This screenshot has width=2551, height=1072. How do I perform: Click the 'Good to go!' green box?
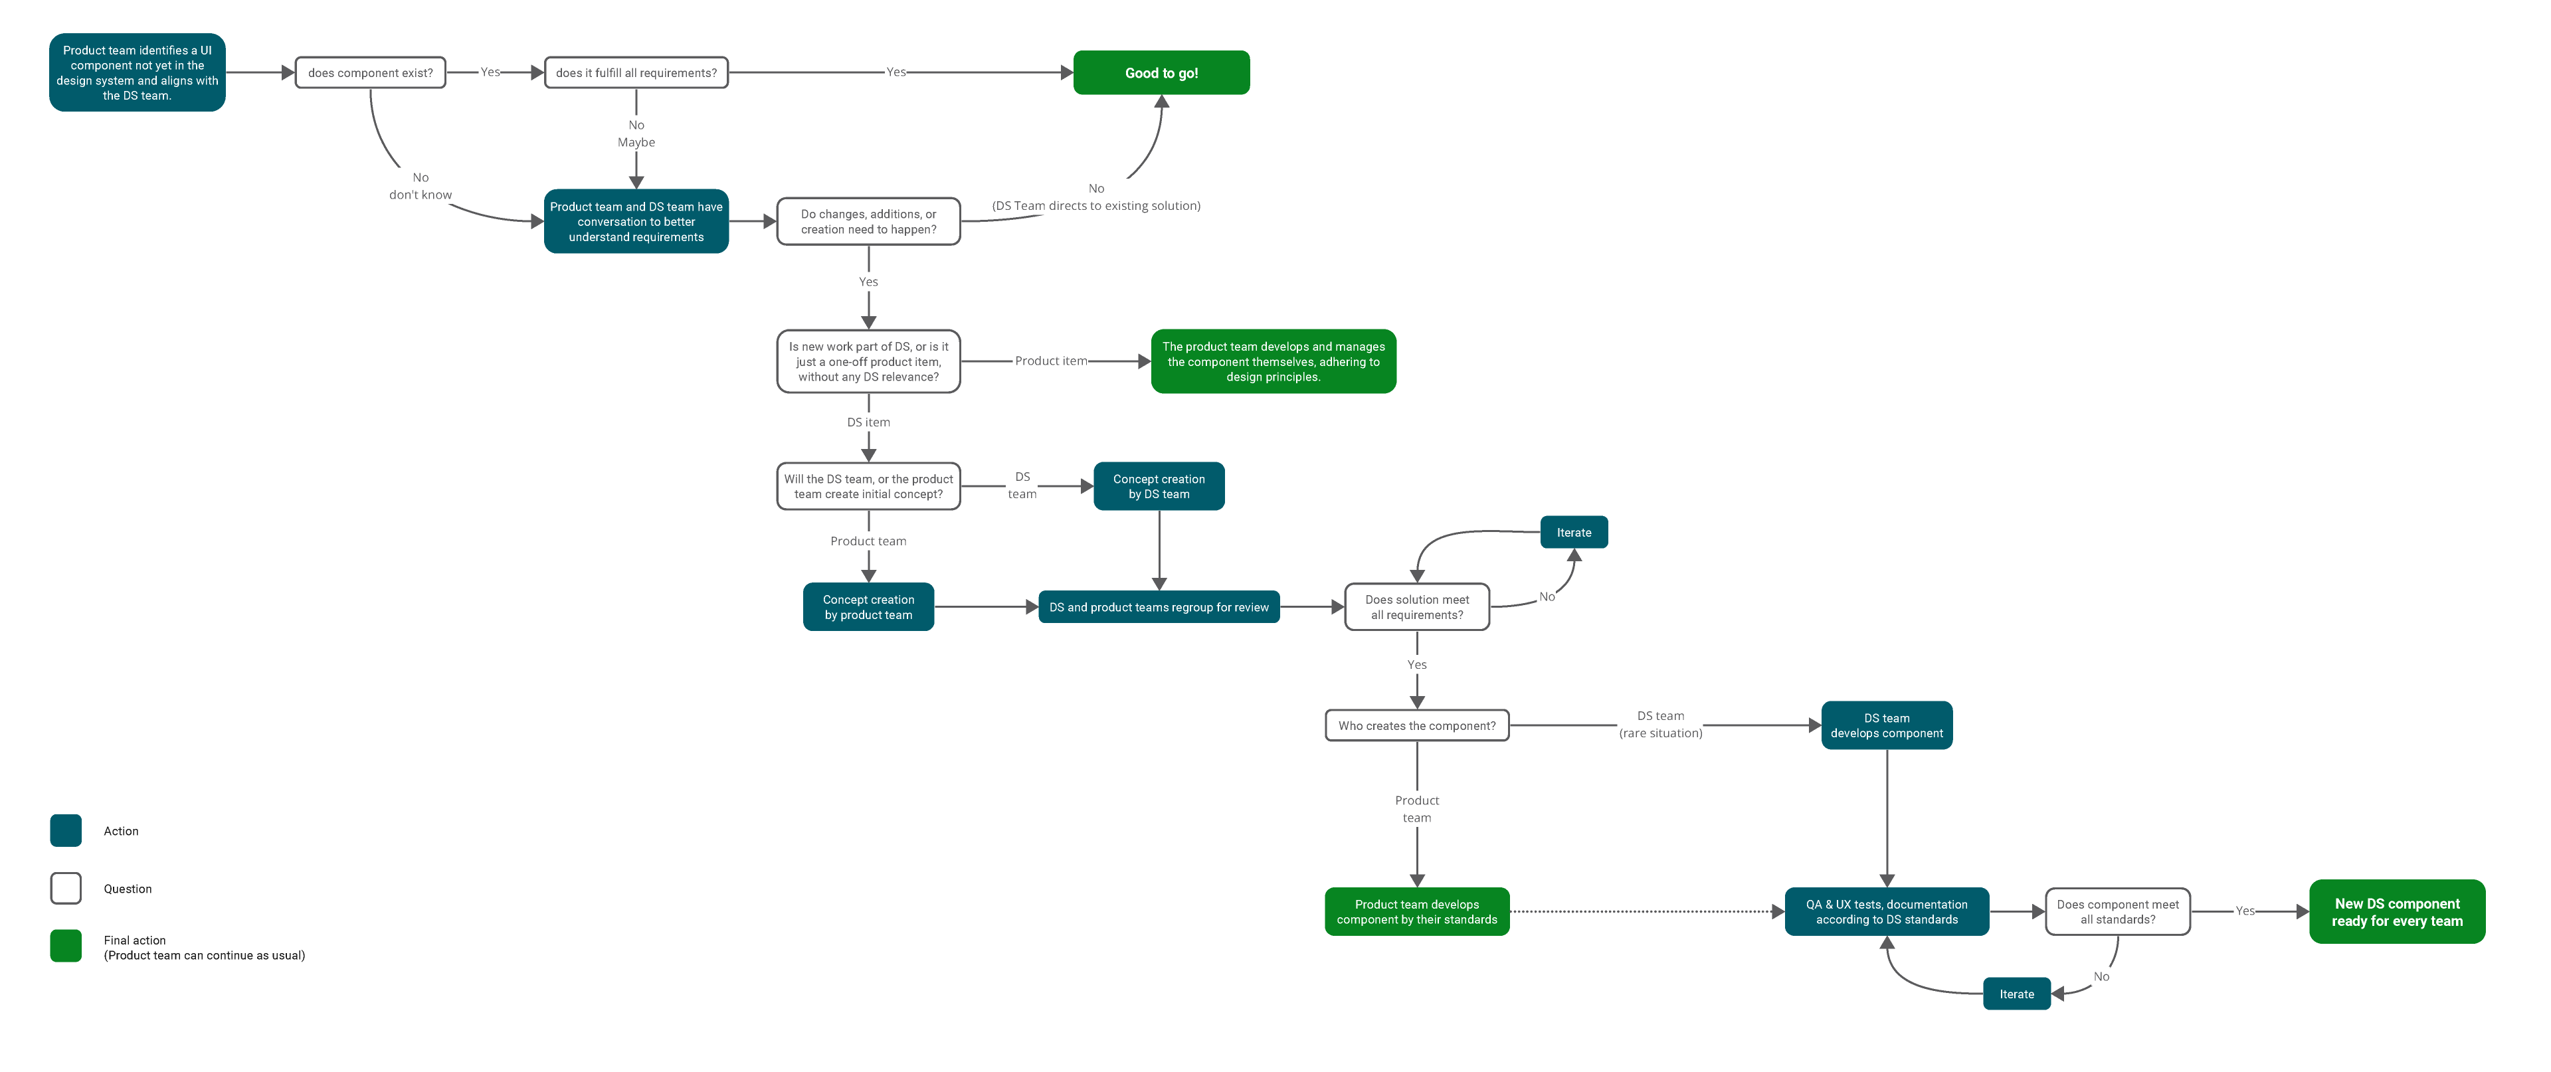[1161, 72]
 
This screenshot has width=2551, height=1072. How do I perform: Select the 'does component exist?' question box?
[371, 72]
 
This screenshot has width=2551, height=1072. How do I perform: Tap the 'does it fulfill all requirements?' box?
[636, 72]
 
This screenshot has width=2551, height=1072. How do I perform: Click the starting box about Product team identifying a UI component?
[137, 72]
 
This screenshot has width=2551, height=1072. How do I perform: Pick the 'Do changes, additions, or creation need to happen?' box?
[868, 222]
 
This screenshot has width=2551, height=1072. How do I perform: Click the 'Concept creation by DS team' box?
[1159, 486]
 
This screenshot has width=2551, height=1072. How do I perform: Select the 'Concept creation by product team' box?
[868, 607]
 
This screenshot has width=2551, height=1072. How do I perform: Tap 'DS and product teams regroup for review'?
[1159, 607]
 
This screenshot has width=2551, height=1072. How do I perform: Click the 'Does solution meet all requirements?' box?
[1416, 607]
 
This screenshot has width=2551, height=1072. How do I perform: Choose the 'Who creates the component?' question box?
[1416, 725]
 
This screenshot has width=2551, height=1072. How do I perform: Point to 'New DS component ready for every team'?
[2396, 912]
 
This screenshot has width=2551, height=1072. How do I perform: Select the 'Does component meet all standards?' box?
[2117, 912]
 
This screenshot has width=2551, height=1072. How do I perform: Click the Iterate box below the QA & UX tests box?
[2016, 994]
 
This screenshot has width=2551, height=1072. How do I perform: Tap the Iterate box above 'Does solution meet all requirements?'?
[1574, 533]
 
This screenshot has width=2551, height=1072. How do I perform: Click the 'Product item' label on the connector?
[1051, 361]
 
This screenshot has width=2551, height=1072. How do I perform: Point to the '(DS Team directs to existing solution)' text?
[1096, 206]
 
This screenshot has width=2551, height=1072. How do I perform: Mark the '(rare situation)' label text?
[1661, 733]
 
